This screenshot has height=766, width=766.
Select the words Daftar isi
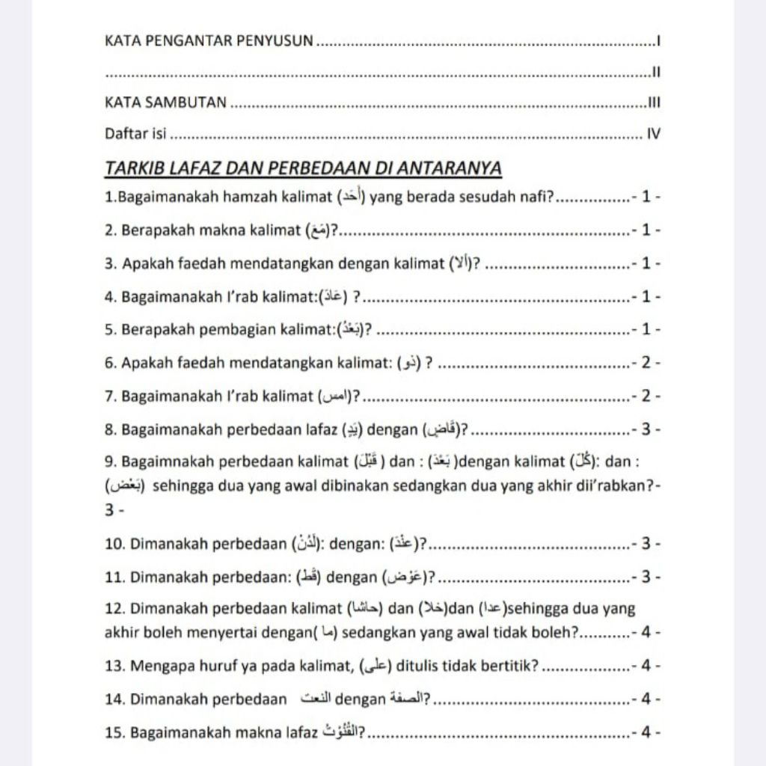pyautogui.click(x=135, y=135)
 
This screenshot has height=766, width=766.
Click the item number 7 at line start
pyautogui.click(x=110, y=396)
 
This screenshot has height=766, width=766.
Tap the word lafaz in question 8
pyautogui.click(x=317, y=429)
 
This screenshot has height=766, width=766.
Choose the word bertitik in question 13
pyautogui.click(x=510, y=667)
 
